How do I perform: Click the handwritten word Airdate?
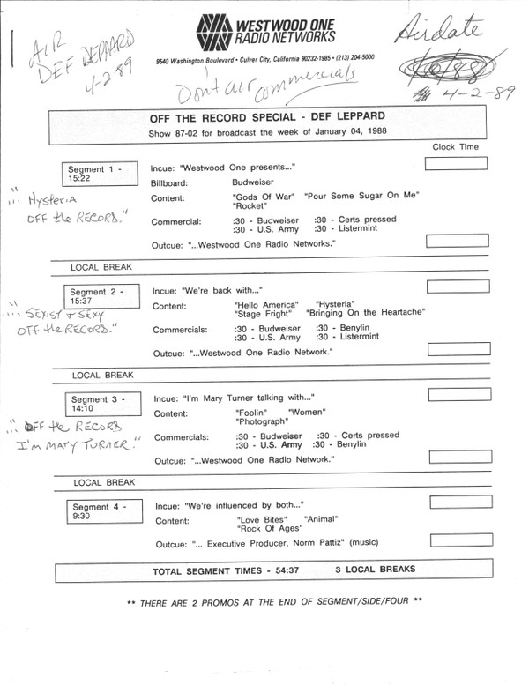click(450, 33)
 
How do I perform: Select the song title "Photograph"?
click(262, 421)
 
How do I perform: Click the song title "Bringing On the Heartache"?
click(366, 312)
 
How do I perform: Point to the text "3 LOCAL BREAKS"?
click(375, 570)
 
